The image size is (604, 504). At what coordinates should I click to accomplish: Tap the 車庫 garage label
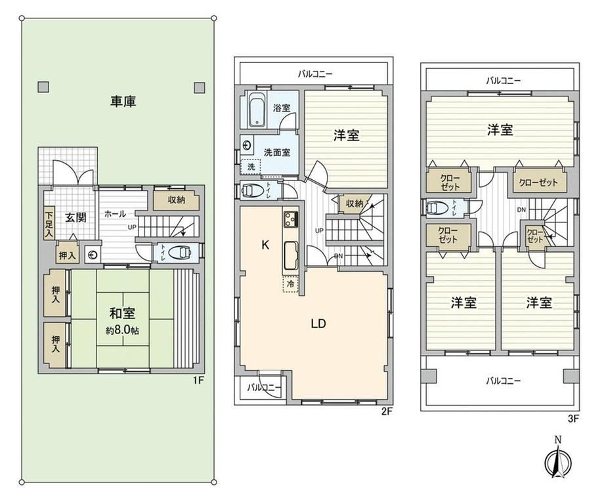(123, 101)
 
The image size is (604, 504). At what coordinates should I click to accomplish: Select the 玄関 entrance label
(75, 217)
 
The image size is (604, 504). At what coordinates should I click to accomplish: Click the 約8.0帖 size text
(123, 330)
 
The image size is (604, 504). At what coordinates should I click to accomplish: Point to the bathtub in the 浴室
(257, 110)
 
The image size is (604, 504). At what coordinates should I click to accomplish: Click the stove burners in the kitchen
(291, 219)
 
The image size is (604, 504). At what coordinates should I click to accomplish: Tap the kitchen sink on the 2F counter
(291, 256)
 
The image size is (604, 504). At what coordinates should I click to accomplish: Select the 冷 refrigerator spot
(291, 284)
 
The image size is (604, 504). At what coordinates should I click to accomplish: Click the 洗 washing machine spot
(251, 167)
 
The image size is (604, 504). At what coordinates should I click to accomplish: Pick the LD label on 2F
(318, 324)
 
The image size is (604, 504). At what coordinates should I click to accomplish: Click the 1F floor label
(198, 381)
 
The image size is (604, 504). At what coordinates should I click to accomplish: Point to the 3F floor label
(573, 419)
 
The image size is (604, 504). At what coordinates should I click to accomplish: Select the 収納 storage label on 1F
(176, 200)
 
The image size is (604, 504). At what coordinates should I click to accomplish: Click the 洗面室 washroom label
(277, 152)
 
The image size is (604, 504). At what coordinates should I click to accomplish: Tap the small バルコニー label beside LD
(264, 387)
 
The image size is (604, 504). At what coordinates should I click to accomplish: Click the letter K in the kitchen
(265, 245)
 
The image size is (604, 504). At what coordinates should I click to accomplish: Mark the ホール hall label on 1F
(115, 214)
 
